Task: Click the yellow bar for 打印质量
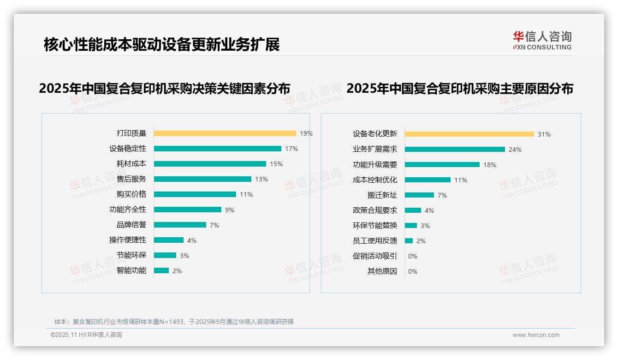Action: pos(225,133)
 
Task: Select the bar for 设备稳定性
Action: pos(217,149)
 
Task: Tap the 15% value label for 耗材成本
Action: pos(276,164)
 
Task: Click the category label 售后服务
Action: pos(131,179)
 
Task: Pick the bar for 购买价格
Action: pos(195,194)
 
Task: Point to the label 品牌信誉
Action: pos(131,225)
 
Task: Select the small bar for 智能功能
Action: pos(161,270)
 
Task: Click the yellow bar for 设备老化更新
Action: pos(469,134)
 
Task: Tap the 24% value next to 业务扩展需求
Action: pos(515,150)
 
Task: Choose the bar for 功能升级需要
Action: pos(442,165)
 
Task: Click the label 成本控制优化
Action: pos(374,180)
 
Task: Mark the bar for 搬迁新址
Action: pos(419,195)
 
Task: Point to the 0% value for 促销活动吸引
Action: pos(413,256)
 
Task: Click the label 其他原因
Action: pos(382,271)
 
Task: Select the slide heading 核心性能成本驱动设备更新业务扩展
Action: pos(161,45)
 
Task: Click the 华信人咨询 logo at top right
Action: pos(542,41)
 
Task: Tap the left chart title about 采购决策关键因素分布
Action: pos(165,88)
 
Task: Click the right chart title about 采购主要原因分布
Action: pos(459,88)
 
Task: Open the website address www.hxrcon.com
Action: pos(536,335)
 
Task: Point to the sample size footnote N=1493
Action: pos(173,322)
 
